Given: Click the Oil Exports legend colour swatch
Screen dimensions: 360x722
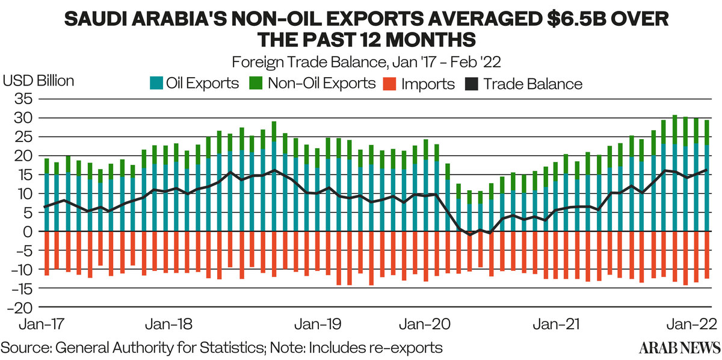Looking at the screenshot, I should point(156,83).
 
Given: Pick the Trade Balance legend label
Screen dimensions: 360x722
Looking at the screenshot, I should point(532,83).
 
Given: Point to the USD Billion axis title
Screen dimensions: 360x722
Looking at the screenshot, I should point(39,81).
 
